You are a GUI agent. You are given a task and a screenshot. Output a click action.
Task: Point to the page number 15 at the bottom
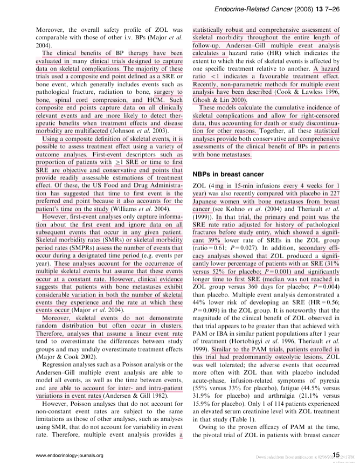coord(336,455)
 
